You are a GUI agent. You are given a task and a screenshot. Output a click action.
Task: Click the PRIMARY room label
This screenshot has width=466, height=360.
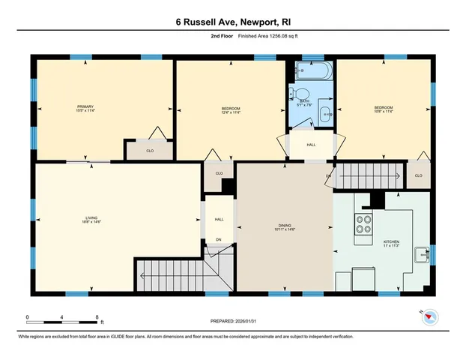pos(85,107)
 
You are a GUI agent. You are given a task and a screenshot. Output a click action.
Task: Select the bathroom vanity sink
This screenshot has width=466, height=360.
pos(326,115)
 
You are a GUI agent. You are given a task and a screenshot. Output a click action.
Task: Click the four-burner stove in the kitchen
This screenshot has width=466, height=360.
pos(363,224)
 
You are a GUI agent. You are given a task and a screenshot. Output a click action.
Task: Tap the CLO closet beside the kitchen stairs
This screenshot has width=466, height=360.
pos(418,175)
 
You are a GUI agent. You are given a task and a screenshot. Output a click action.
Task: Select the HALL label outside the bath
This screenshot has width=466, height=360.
pos(311,144)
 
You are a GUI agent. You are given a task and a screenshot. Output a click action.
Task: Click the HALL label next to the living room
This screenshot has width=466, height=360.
pos(219,220)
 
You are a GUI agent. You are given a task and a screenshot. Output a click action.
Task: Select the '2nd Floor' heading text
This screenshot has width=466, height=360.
pos(201,35)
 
